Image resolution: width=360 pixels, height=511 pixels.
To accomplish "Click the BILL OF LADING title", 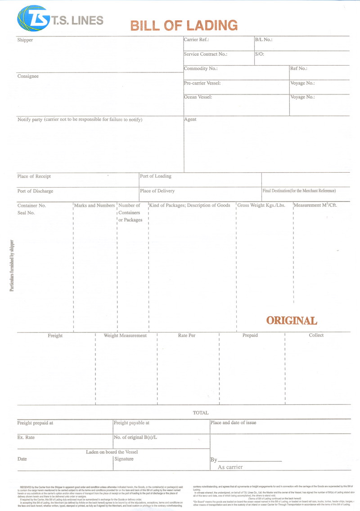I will tap(184, 25).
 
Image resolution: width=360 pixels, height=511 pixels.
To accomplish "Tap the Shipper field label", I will tap(25, 40).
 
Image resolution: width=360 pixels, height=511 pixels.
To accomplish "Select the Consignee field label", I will tap(28, 76).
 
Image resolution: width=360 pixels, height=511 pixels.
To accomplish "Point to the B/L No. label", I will tap(264, 40).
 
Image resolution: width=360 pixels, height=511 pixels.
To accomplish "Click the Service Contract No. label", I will tap(205, 54).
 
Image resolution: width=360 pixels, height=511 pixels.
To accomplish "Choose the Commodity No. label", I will tap(201, 68).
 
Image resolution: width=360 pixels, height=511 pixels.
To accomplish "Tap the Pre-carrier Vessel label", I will tap(202, 83).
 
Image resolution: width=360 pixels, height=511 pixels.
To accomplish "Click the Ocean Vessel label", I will tap(198, 97).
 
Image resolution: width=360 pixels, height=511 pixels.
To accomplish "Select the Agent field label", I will tap(190, 119).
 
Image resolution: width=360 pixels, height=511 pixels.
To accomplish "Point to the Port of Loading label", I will tap(156, 176).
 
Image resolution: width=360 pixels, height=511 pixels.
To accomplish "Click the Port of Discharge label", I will tap(35, 191).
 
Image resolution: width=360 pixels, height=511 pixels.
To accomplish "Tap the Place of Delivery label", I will tap(157, 191).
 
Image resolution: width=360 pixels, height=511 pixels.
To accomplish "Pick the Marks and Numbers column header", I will tap(94, 205).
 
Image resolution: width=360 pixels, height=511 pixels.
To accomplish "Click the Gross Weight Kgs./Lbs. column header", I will tap(261, 205).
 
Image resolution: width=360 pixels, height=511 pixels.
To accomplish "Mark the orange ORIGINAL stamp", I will tap(292, 320).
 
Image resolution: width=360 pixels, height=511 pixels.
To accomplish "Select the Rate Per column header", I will tap(187, 335).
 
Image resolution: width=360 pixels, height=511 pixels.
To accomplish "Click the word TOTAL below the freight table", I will tap(201, 412).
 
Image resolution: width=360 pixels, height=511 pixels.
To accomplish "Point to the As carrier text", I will tap(230, 467).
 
